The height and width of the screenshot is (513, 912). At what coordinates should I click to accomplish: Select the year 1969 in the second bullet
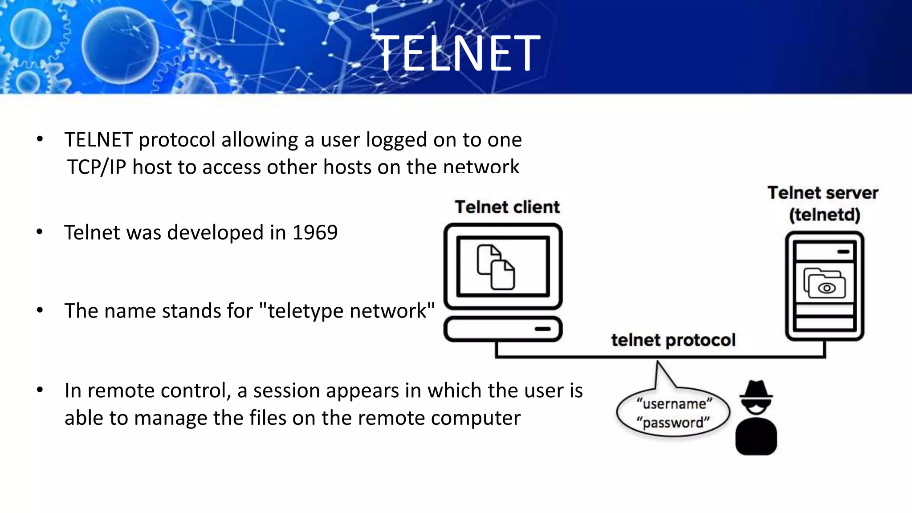(x=315, y=232)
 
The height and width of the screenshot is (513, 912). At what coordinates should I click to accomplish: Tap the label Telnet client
(x=507, y=207)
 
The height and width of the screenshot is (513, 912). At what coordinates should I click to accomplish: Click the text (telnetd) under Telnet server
(x=824, y=215)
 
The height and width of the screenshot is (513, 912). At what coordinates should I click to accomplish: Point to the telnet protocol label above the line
(x=673, y=340)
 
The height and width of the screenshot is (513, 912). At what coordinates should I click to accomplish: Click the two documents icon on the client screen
(x=496, y=267)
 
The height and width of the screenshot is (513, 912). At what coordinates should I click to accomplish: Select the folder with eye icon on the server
(x=825, y=284)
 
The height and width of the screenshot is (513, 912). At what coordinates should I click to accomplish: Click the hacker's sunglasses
(x=756, y=407)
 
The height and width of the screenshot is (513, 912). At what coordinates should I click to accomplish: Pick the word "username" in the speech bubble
(x=674, y=404)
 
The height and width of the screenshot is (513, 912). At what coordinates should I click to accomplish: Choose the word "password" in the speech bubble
(x=673, y=422)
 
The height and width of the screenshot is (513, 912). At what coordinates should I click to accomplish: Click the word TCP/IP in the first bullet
(x=97, y=167)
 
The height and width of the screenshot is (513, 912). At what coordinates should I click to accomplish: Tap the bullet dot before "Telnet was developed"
(x=40, y=232)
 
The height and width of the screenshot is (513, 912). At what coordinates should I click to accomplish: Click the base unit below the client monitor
(x=503, y=329)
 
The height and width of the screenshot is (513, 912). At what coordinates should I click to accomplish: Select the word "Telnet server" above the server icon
(x=822, y=193)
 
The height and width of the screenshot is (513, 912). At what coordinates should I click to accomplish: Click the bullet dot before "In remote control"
(x=40, y=390)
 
